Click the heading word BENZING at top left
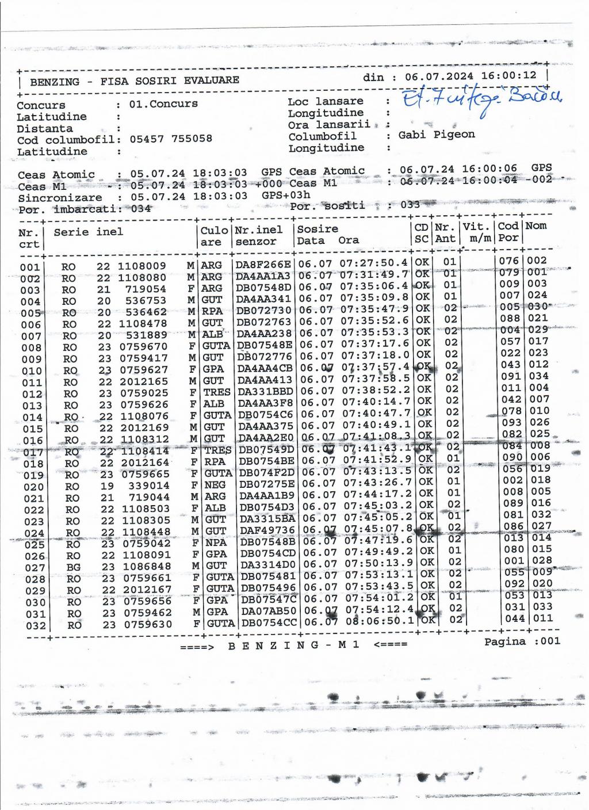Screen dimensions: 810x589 pyautogui.click(x=55, y=82)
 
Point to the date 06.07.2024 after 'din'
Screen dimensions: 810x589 pyautogui.click(x=439, y=77)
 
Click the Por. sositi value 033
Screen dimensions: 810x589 pyautogui.click(x=410, y=205)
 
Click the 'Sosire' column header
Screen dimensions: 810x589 pyautogui.click(x=318, y=229)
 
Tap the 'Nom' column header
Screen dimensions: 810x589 pyautogui.click(x=536, y=226)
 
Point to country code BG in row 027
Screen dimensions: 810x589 pyautogui.click(x=73, y=567)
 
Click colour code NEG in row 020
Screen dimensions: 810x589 pyautogui.click(x=215, y=486)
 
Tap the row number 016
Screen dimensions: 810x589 pyautogui.click(x=33, y=441)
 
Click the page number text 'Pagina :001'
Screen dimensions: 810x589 pyautogui.click(x=522, y=641)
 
